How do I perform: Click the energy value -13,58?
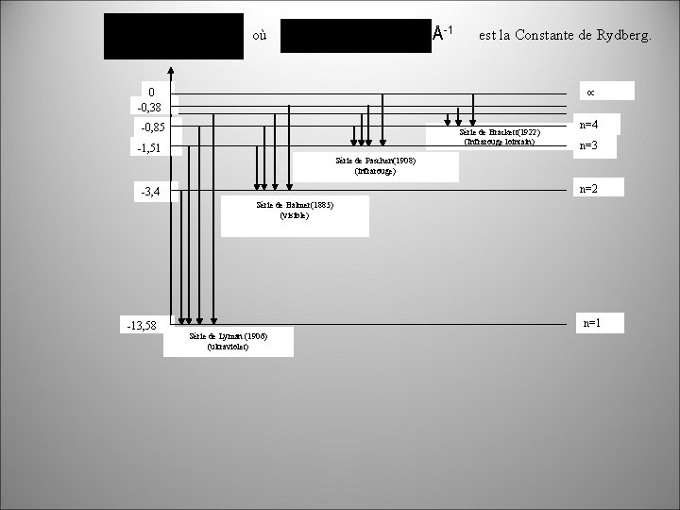(142, 327)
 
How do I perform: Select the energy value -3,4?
(150, 193)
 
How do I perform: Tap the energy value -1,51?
(148, 148)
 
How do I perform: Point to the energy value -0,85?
(153, 127)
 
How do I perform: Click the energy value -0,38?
(148, 107)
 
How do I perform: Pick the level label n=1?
(592, 323)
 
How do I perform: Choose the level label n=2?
(587, 189)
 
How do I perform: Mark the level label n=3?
(588, 145)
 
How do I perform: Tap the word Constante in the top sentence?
(552, 35)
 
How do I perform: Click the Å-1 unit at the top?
(443, 33)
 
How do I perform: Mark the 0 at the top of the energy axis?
(150, 92)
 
